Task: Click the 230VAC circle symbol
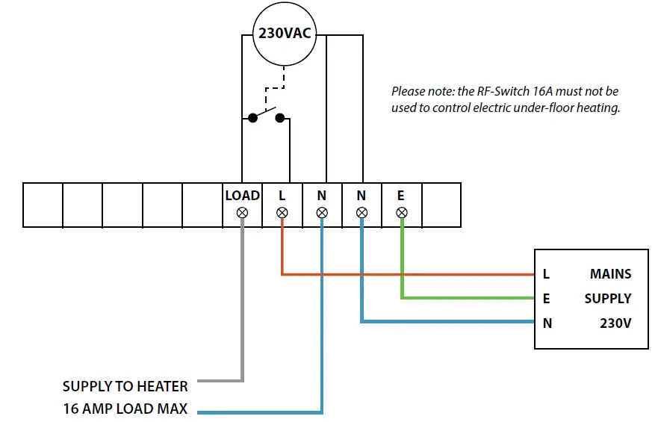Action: pyautogui.click(x=284, y=34)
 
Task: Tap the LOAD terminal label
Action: pyautogui.click(x=242, y=196)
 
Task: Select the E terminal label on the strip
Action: pyautogui.click(x=401, y=196)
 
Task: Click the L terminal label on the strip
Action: pyautogui.click(x=282, y=196)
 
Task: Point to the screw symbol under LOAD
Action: pyautogui.click(x=242, y=213)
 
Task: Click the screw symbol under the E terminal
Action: pyautogui.click(x=401, y=213)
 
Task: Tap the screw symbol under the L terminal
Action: pyautogui.click(x=282, y=213)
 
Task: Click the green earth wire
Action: pyautogui.click(x=463, y=298)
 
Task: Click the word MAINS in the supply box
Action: pyautogui.click(x=610, y=274)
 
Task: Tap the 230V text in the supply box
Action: pyautogui.click(x=615, y=323)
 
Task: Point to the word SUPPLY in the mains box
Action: pyautogui.click(x=607, y=299)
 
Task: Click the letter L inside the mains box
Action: pyautogui.click(x=547, y=274)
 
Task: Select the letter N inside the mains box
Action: pyautogui.click(x=547, y=323)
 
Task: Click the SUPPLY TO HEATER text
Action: pyautogui.click(x=125, y=386)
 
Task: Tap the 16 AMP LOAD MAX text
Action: pyautogui.click(x=125, y=409)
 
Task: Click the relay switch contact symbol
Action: pyautogui.click(x=267, y=116)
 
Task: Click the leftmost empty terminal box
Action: pyautogui.click(x=43, y=204)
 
